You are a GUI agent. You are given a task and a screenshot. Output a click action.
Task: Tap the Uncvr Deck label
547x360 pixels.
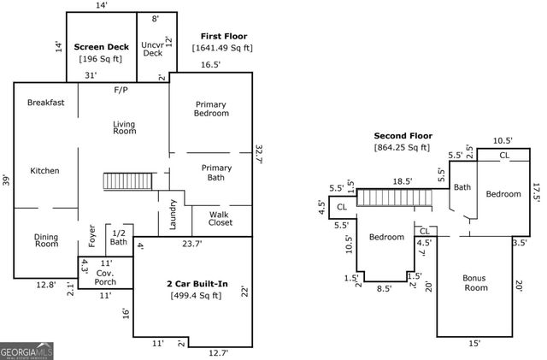tap(152, 48)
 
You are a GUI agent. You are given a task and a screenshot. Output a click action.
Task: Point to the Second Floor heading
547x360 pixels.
tap(403, 136)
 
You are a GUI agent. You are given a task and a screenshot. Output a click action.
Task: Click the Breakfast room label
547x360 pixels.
tap(45, 103)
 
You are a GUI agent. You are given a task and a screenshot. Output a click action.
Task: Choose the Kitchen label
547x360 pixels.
tap(44, 171)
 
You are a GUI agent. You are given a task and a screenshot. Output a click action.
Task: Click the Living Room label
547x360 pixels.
tap(125, 127)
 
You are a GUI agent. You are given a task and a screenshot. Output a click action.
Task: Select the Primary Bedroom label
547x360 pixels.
tap(210, 109)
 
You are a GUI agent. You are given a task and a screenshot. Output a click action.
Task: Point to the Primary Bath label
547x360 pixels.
tap(216, 173)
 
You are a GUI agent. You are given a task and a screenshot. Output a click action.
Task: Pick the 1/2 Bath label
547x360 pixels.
tap(119, 238)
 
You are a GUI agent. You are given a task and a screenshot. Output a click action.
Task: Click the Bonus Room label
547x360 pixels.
tap(474, 283)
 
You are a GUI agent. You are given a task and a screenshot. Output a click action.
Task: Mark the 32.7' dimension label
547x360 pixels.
tap(259, 154)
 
